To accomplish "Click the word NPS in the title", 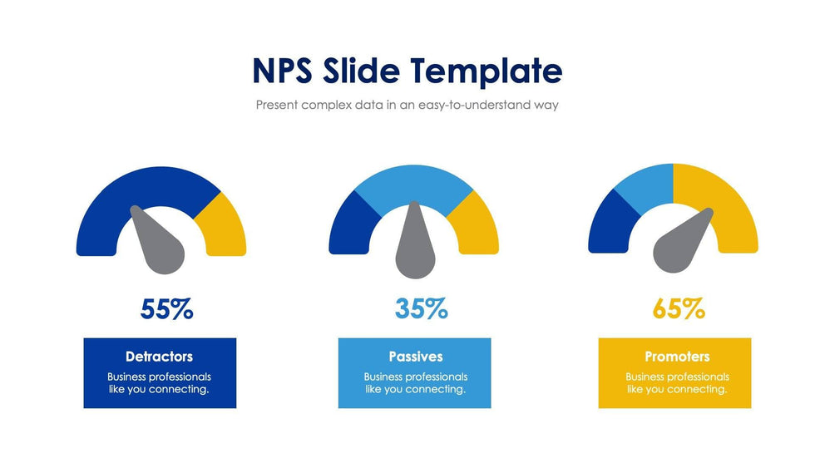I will click(282, 71).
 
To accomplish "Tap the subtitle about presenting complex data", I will click(407, 106).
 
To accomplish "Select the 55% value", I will click(167, 309).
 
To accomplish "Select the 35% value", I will click(421, 309).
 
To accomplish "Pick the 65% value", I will click(679, 309).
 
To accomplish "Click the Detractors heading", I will click(159, 357).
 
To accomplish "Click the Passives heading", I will click(415, 357).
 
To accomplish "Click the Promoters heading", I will click(677, 357).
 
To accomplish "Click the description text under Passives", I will click(415, 383).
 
